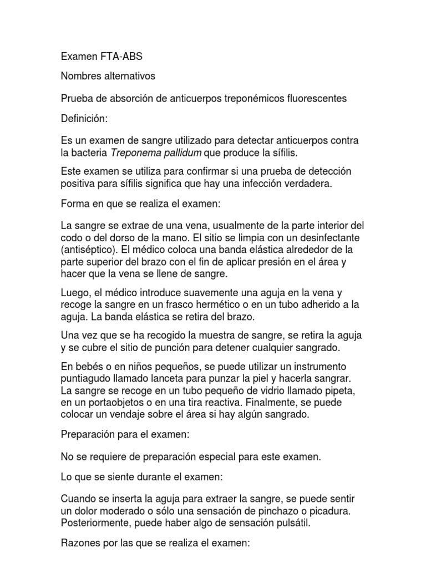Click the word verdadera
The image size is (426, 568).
point(307,184)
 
